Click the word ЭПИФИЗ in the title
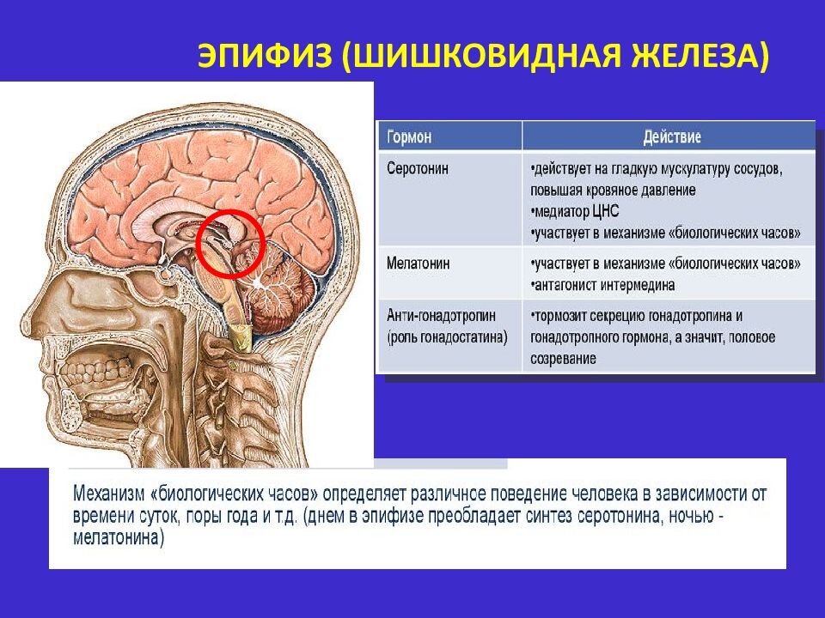[x=265, y=55]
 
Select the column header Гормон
[x=409, y=137]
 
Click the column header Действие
[x=672, y=137]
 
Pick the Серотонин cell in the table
[x=418, y=169]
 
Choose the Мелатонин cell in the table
[x=419, y=263]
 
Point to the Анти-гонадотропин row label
[x=441, y=315]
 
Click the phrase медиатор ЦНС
[x=576, y=212]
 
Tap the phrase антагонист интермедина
[x=603, y=285]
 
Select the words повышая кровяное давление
[x=613, y=191]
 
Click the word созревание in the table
[x=564, y=359]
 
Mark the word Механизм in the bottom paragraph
[x=108, y=494]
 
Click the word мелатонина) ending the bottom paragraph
[x=119, y=538]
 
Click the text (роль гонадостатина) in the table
[x=447, y=336]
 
